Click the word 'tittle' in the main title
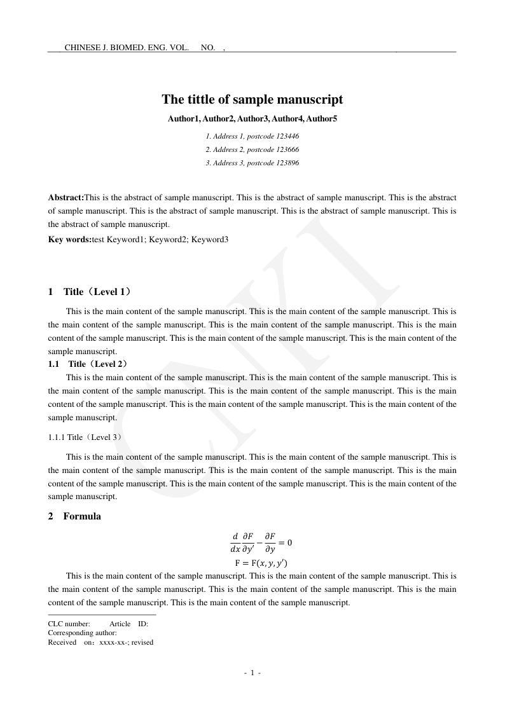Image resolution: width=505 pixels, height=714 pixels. (197, 100)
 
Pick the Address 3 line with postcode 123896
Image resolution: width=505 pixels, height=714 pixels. (252, 163)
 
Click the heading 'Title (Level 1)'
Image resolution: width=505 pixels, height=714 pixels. (99, 292)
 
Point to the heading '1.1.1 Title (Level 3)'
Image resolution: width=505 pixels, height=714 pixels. (85, 437)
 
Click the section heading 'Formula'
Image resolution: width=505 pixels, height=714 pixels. (82, 516)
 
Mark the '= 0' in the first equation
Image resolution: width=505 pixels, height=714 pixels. (283, 542)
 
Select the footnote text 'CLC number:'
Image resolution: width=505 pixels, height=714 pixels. (69, 624)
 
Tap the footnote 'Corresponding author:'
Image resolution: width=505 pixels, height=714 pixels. (82, 633)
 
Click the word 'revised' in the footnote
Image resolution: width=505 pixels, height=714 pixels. (142, 642)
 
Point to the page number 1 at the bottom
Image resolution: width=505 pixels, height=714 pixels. (253, 673)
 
